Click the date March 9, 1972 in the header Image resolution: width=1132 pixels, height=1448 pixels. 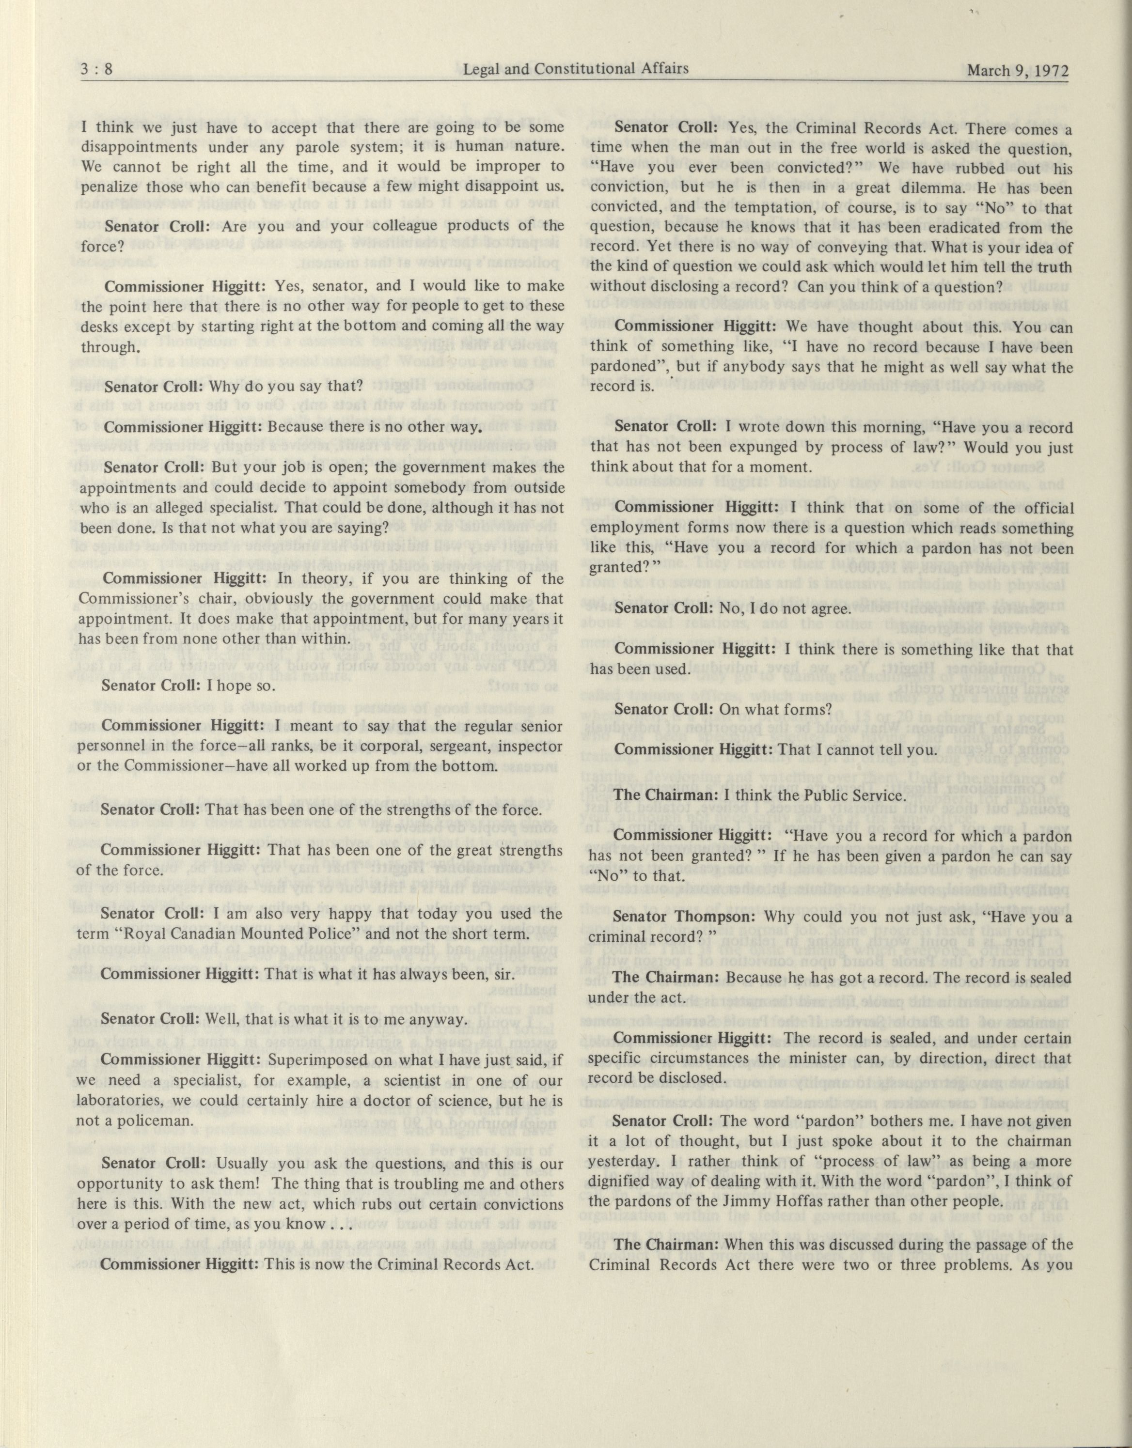(1018, 70)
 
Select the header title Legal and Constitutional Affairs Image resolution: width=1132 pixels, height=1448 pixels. (575, 68)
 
